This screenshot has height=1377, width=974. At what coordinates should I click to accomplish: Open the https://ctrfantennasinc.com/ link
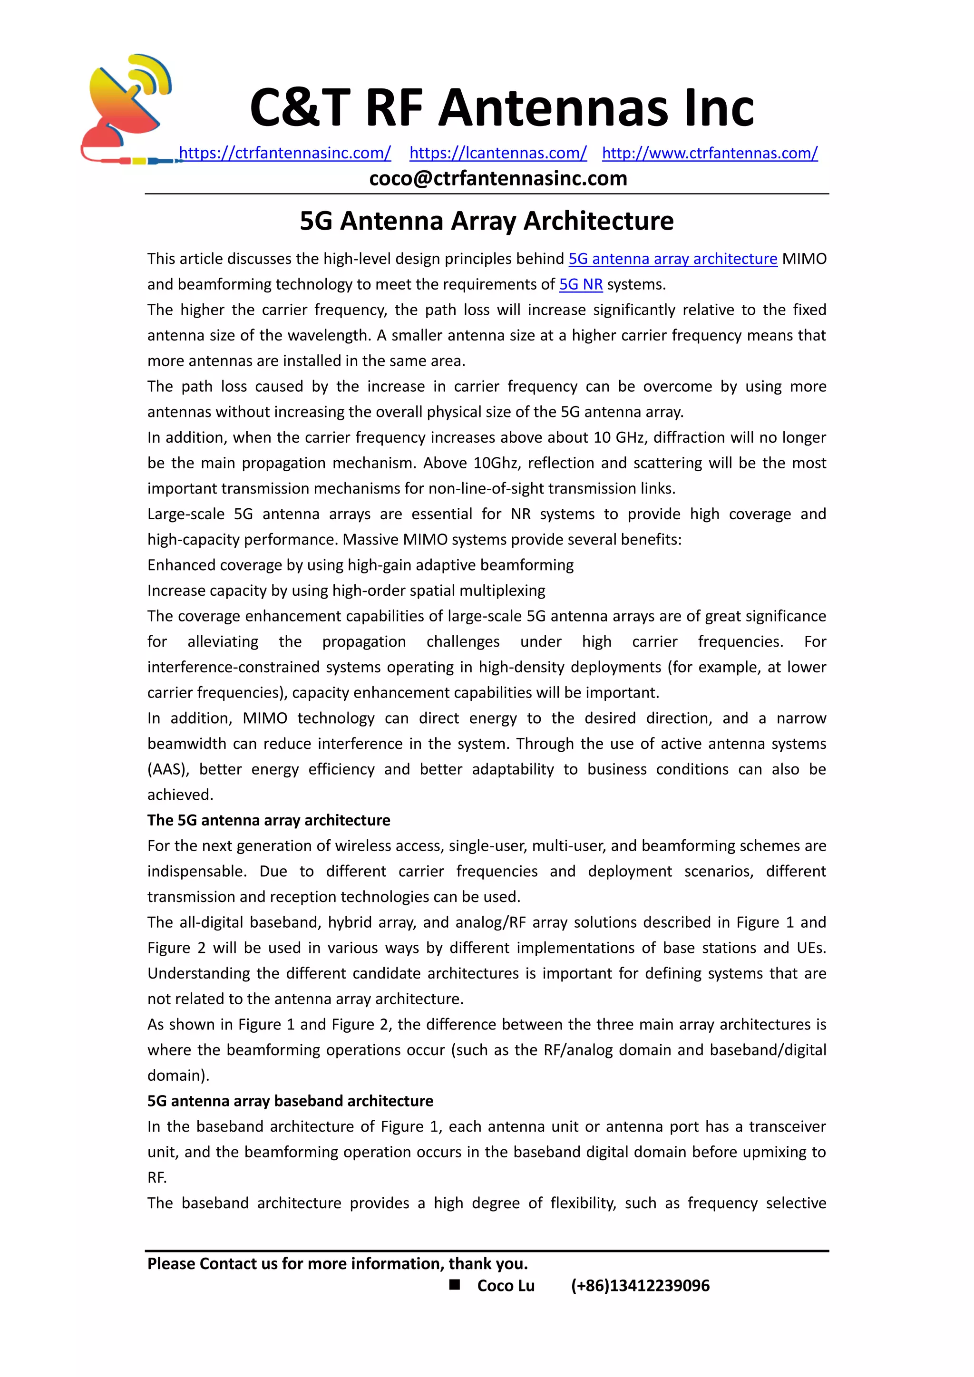[285, 153]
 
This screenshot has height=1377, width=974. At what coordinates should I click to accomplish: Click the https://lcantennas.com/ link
[498, 153]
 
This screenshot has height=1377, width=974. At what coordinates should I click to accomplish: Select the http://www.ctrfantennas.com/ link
[710, 153]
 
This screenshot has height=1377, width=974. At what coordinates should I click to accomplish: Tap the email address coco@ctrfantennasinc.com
[498, 178]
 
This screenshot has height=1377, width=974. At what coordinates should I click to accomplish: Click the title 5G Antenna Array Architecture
[487, 221]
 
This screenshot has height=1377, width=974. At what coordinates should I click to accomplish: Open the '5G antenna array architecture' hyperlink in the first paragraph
[672, 259]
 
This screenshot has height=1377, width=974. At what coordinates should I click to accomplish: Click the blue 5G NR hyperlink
[581, 284]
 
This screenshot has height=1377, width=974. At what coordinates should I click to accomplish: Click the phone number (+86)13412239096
[640, 1285]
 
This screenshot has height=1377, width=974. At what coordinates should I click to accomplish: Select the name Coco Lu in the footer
[506, 1285]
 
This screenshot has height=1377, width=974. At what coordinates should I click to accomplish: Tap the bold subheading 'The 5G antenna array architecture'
[269, 820]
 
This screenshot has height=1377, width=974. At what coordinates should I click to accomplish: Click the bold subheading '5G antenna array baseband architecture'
[290, 1101]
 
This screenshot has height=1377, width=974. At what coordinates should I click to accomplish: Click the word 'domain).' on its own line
[178, 1076]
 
